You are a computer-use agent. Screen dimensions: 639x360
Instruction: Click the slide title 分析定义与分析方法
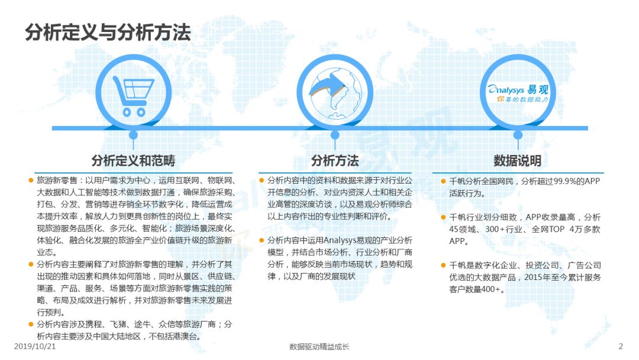108,32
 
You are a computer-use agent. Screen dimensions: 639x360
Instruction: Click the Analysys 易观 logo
518,94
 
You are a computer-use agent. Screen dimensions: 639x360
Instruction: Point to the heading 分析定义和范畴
133,160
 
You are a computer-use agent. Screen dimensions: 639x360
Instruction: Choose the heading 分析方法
335,160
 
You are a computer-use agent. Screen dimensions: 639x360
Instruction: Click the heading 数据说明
518,160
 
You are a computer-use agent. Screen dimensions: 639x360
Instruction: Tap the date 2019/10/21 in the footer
35,346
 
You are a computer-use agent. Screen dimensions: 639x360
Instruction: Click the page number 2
621,346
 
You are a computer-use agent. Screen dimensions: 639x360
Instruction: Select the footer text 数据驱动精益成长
319,347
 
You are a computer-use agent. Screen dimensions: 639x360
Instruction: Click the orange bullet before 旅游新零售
31,180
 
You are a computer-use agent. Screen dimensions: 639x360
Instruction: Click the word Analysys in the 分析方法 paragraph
340,240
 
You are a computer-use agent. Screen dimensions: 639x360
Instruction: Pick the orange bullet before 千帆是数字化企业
443,265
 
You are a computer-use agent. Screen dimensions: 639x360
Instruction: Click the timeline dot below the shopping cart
133,135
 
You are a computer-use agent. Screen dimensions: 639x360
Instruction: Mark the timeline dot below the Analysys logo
518,135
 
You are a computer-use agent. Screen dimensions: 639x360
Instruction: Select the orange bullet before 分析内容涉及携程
31,324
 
